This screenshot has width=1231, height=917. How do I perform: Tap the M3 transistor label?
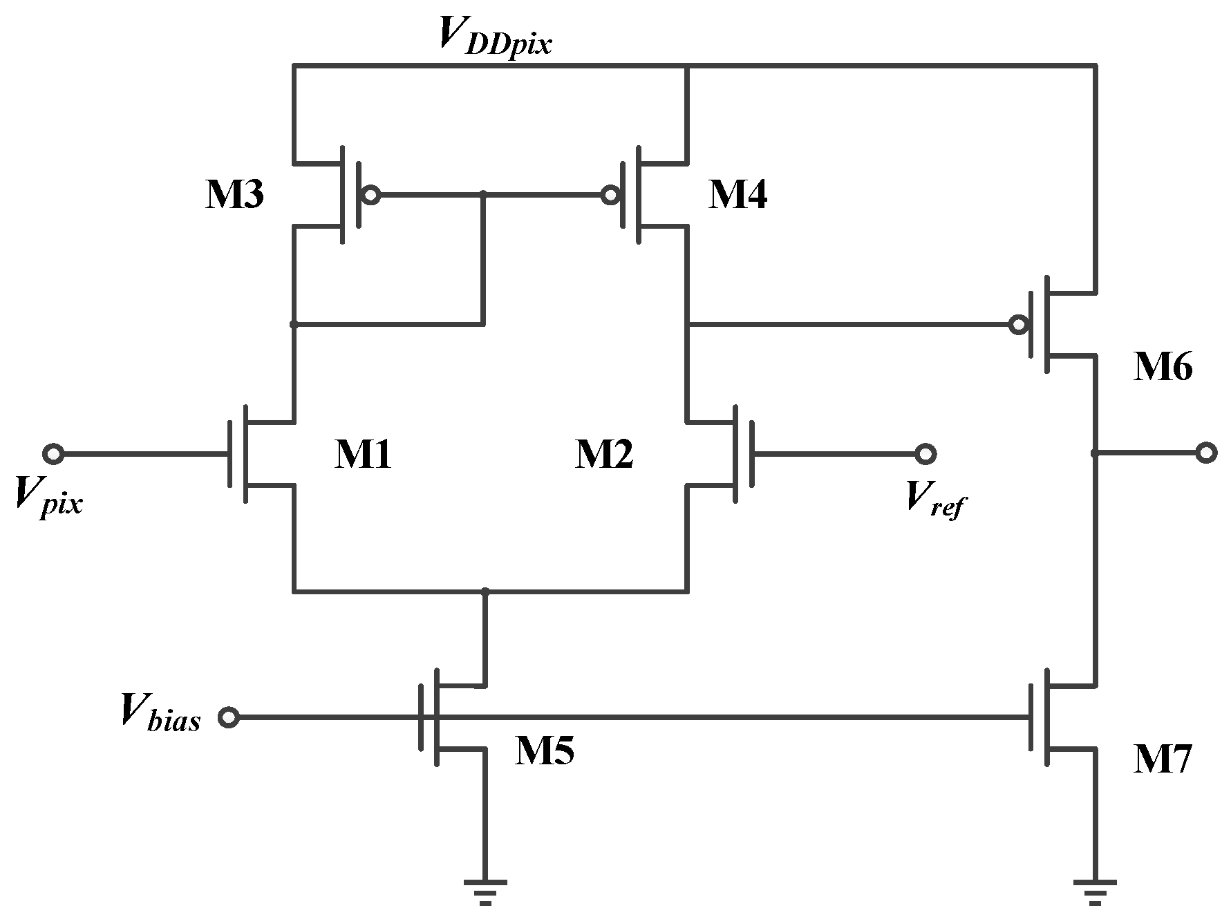click(x=234, y=196)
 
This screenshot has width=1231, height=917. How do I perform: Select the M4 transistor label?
click(x=737, y=196)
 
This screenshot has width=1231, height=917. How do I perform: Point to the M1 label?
click(x=363, y=455)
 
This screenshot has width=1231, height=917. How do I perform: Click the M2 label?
click(x=603, y=455)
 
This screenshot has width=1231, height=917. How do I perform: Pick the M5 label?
click(x=544, y=751)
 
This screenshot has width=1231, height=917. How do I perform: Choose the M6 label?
click(x=1163, y=368)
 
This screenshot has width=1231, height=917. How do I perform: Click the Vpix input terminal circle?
click(x=53, y=454)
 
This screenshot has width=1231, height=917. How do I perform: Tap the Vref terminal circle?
click(x=925, y=454)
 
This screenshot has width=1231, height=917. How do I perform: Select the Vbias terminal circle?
click(x=229, y=717)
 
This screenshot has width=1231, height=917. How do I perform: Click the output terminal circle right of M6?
click(x=1206, y=453)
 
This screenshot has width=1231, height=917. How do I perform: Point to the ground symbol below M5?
click(x=485, y=891)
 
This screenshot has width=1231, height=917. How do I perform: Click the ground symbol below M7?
click(x=1095, y=891)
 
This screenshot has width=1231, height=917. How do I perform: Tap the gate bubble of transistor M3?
click(x=371, y=196)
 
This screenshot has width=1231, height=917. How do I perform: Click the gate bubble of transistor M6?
click(x=1017, y=324)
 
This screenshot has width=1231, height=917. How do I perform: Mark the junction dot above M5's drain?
click(x=485, y=592)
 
